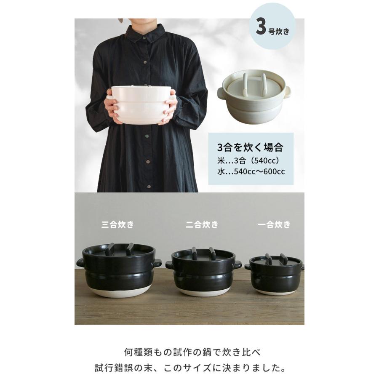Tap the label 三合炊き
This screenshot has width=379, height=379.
[x=117, y=224]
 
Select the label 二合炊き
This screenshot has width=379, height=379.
[x=202, y=224]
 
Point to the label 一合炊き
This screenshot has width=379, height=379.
[x=274, y=224]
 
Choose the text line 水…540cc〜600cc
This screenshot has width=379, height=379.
[x=251, y=172]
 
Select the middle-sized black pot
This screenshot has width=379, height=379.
[x=203, y=272]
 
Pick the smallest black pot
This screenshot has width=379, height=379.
[x=274, y=274]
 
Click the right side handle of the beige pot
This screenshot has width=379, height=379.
[x=290, y=90]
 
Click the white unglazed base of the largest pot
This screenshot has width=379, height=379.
[x=118, y=293]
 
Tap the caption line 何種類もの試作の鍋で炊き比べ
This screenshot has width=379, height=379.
[x=189, y=351]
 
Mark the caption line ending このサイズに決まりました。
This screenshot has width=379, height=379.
[x=189, y=368]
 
